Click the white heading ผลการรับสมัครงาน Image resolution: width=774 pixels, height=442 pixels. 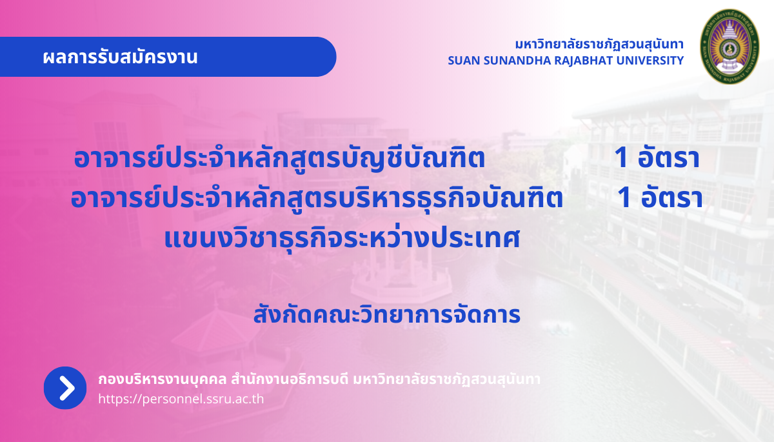[x=120, y=57]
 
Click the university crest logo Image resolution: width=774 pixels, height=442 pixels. [x=729, y=46]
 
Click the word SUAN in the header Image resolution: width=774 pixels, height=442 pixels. [x=464, y=61]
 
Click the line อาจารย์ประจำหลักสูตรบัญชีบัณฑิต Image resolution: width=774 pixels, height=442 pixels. [x=279, y=158]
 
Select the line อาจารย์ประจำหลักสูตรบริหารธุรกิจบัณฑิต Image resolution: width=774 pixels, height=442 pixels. [x=317, y=198]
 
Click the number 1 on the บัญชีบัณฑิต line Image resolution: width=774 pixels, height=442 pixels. [x=621, y=158]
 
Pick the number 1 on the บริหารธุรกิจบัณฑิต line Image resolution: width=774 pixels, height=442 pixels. [x=624, y=198]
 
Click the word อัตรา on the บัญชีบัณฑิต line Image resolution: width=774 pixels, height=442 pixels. [x=669, y=158]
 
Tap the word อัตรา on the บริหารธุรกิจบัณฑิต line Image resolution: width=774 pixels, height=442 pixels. [x=671, y=198]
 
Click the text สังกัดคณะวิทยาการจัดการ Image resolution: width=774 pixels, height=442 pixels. [x=387, y=314]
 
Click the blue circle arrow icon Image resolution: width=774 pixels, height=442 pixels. [x=65, y=388]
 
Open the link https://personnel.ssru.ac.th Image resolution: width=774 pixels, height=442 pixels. [x=181, y=399]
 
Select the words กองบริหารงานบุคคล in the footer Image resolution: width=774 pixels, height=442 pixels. [x=162, y=379]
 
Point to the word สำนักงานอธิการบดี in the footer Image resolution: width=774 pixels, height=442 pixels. [x=290, y=379]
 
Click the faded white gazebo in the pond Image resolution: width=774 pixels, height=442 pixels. [x=401, y=266]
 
